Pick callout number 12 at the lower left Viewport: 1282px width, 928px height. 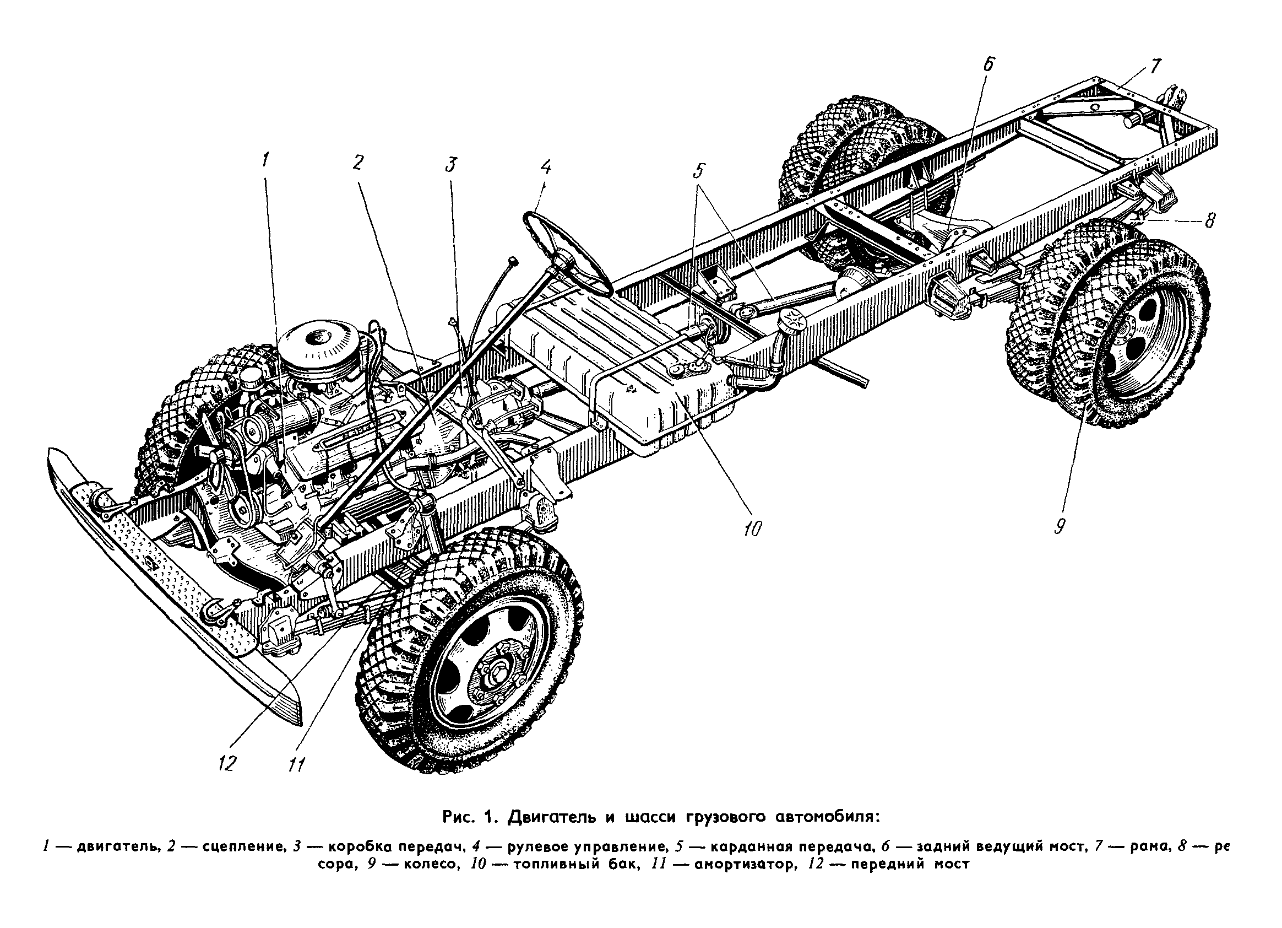tap(227, 764)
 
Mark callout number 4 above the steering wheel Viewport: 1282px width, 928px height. tap(545, 168)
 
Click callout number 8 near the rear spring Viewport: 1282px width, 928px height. tap(1209, 220)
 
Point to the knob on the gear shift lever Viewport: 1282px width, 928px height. tap(513, 260)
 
